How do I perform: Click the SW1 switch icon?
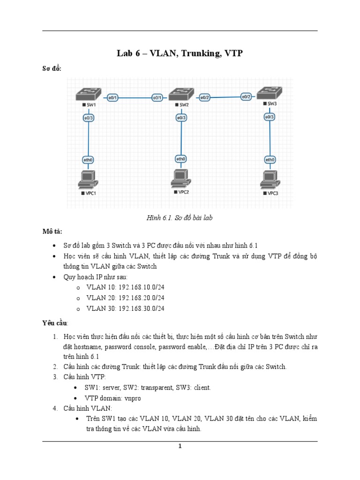click(x=88, y=94)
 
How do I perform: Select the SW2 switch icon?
click(x=180, y=94)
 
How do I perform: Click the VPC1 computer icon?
click(x=88, y=179)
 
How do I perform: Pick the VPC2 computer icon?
click(x=180, y=178)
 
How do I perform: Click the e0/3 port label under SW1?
click(x=88, y=118)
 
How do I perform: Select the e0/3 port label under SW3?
click(x=270, y=117)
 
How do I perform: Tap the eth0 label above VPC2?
click(x=180, y=159)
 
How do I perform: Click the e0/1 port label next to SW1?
click(x=112, y=97)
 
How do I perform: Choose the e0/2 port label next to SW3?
click(x=246, y=97)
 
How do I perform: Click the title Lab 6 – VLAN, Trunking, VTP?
click(x=180, y=53)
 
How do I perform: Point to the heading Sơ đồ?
click(x=52, y=69)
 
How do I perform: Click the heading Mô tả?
click(x=52, y=232)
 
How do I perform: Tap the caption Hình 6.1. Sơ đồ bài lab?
click(x=180, y=218)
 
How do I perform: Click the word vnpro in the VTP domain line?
click(x=131, y=398)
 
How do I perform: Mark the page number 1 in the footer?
click(x=180, y=446)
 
